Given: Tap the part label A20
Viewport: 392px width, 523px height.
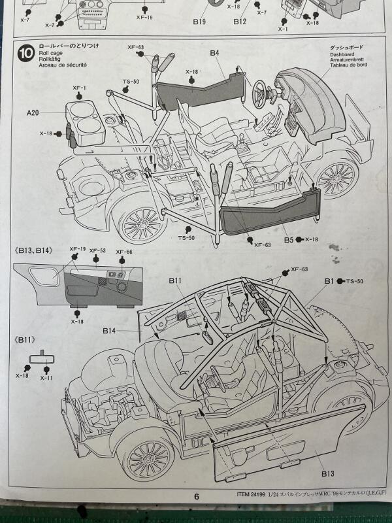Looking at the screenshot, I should pos(33,112).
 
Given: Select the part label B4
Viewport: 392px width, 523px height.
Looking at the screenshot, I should pos(215,52).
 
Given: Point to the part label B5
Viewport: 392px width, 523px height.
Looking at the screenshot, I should pos(288,239).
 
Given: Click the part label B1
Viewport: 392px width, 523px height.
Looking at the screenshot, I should pos(329,281).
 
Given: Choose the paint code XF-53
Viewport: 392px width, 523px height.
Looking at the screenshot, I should pos(98,251).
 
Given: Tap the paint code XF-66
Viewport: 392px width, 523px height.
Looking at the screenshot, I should pos(124,252).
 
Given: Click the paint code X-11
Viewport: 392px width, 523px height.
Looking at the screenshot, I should pos(46,377).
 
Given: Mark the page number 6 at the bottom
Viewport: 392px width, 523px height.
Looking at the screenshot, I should pos(196,496).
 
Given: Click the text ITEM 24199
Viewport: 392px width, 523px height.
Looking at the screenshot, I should pos(255,495).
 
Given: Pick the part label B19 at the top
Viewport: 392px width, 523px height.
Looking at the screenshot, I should pos(200,21).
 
